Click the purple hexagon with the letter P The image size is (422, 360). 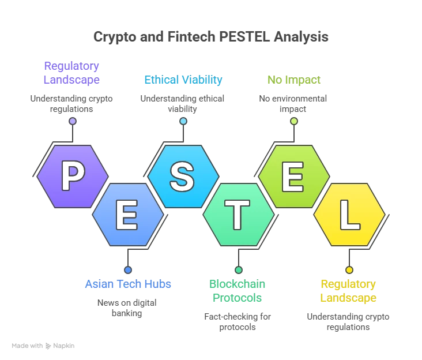click(x=73, y=176)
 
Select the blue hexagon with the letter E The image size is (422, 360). click(x=128, y=215)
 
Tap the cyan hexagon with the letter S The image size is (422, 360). click(x=183, y=176)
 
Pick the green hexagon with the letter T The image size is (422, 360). click(x=238, y=215)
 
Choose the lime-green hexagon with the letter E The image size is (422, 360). click(x=293, y=176)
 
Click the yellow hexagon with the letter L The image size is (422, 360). click(x=349, y=215)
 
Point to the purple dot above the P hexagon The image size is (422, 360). click(x=73, y=121)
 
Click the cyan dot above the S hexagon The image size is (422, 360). click(x=183, y=121)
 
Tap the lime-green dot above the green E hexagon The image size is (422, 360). click(x=294, y=121)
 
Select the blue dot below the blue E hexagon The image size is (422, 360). click(x=128, y=270)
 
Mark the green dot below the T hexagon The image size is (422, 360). click(x=239, y=270)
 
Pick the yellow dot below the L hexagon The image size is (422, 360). click(x=349, y=270)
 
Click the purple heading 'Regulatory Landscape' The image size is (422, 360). click(x=73, y=72)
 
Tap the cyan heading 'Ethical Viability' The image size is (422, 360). click(x=183, y=80)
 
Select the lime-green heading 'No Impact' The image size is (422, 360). click(x=294, y=80)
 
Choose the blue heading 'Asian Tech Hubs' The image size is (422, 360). click(x=128, y=284)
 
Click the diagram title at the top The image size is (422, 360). click(x=211, y=36)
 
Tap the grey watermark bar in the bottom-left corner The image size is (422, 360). click(x=43, y=346)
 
